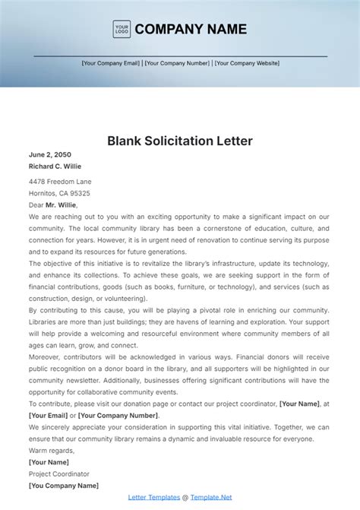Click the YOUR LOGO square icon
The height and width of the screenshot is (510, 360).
[122, 30]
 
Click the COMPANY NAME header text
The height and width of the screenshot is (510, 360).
[191, 30]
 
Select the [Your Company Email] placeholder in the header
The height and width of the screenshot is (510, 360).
[111, 63]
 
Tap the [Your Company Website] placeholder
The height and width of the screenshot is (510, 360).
[247, 63]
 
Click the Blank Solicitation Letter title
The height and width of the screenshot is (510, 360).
[179, 141]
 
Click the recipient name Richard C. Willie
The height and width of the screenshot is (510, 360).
[55, 166]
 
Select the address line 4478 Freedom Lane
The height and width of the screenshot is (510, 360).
[60, 182]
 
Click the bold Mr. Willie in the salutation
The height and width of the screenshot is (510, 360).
[61, 204]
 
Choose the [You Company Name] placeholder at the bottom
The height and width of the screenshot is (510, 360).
[64, 485]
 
